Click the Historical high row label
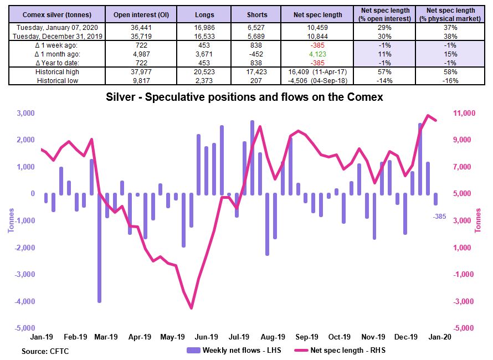[57, 72]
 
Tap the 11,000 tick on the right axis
[465, 113]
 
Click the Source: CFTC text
[45, 351]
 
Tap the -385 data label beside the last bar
[439, 217]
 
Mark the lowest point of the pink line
[192, 308]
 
